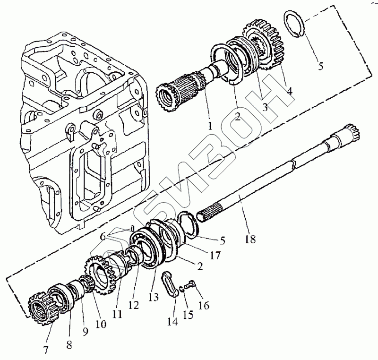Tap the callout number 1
(x=209, y=126)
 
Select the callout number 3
(x=264, y=107)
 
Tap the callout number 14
(x=172, y=322)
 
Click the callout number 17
(x=215, y=256)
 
